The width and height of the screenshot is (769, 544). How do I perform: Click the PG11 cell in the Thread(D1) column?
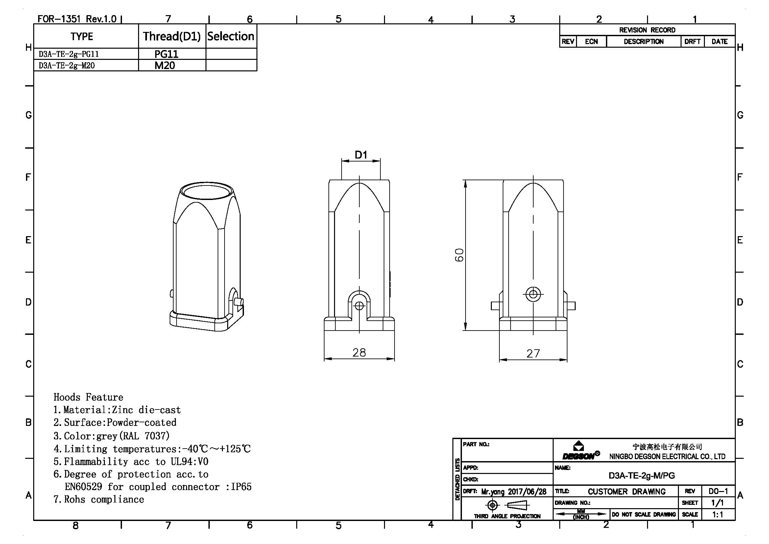click(166, 54)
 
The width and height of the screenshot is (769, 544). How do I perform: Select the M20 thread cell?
click(164, 65)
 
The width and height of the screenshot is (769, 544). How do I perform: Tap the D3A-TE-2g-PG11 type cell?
click(69, 54)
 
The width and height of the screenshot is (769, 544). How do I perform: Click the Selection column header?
click(231, 36)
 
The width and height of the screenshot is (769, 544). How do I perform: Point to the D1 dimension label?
click(361, 155)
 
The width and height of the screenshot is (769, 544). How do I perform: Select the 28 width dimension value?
click(359, 352)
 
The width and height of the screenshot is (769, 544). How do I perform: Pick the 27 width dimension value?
click(533, 353)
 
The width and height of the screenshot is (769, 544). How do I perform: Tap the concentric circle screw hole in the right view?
click(533, 294)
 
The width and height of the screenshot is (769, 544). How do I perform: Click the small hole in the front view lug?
click(359, 306)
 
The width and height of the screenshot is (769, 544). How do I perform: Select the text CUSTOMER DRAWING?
click(627, 491)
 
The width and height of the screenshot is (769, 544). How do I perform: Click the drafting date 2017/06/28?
click(527, 492)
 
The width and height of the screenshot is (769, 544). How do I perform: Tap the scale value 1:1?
click(717, 514)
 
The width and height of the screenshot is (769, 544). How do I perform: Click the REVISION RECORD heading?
click(647, 30)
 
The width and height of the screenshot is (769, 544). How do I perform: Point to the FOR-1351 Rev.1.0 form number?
click(77, 19)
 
